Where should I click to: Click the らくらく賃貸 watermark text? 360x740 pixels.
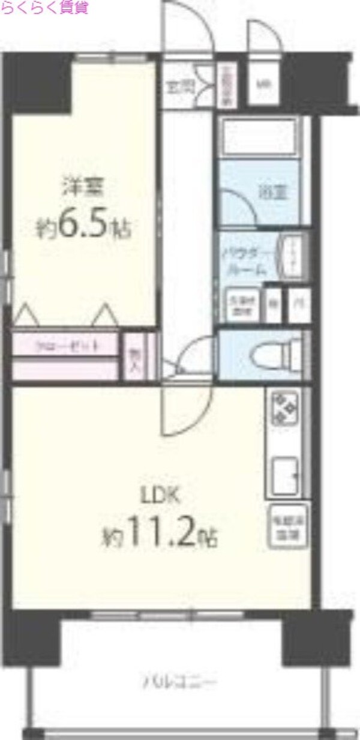(44, 8)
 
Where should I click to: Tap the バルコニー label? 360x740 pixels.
(179, 682)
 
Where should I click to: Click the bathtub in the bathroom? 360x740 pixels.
(259, 138)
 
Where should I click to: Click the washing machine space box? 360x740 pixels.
(239, 307)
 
